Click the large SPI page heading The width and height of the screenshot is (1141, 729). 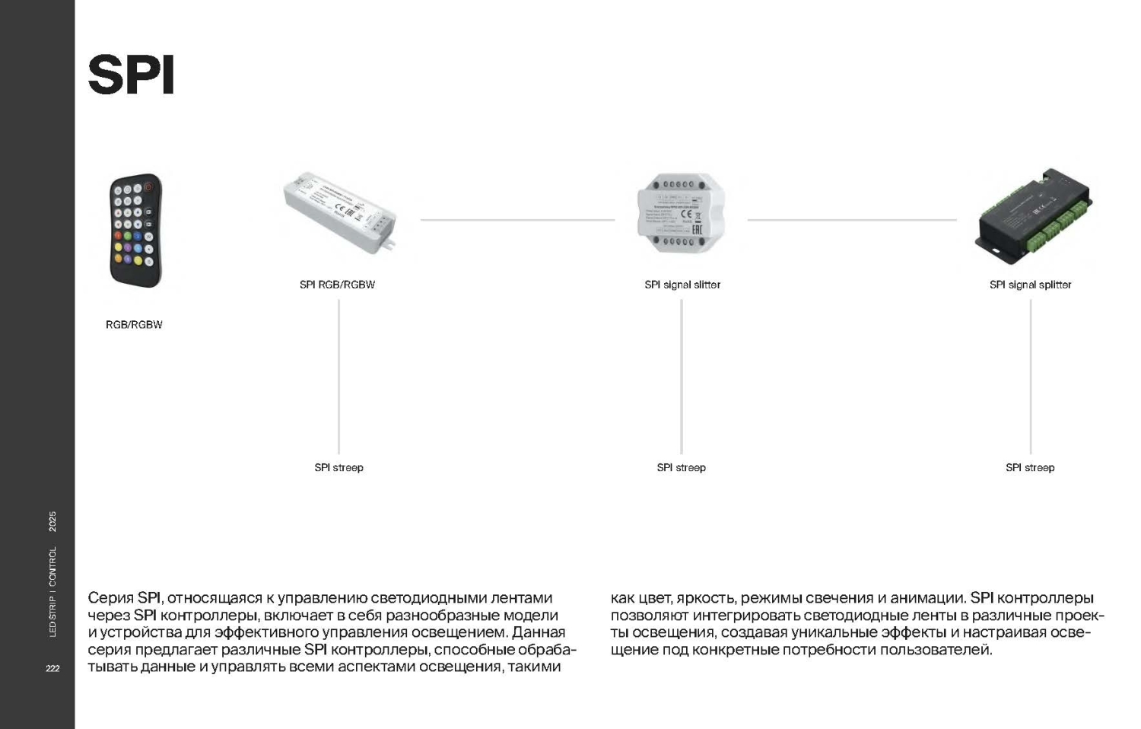(131, 75)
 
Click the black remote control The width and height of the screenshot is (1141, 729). (136, 231)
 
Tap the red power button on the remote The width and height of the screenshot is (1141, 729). (148, 186)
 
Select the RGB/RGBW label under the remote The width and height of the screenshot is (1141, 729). (134, 325)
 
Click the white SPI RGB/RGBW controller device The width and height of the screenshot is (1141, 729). (339, 212)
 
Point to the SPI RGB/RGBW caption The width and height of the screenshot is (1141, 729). (337, 285)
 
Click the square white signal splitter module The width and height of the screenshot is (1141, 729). (681, 214)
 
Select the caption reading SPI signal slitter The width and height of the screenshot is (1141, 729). (682, 285)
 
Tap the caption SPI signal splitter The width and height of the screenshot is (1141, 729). (1030, 285)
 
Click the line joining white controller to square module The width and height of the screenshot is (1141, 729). (517, 220)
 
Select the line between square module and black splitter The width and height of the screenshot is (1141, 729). (852, 220)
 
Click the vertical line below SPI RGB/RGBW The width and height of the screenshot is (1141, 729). (338, 377)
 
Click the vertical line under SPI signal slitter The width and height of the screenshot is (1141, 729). (682, 377)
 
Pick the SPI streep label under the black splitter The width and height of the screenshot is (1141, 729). (1030, 467)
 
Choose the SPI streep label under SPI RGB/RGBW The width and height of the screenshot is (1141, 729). (338, 467)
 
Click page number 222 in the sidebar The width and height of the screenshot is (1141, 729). (52, 668)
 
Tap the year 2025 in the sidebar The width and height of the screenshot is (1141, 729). (52, 522)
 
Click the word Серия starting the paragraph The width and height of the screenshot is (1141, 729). (110, 598)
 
